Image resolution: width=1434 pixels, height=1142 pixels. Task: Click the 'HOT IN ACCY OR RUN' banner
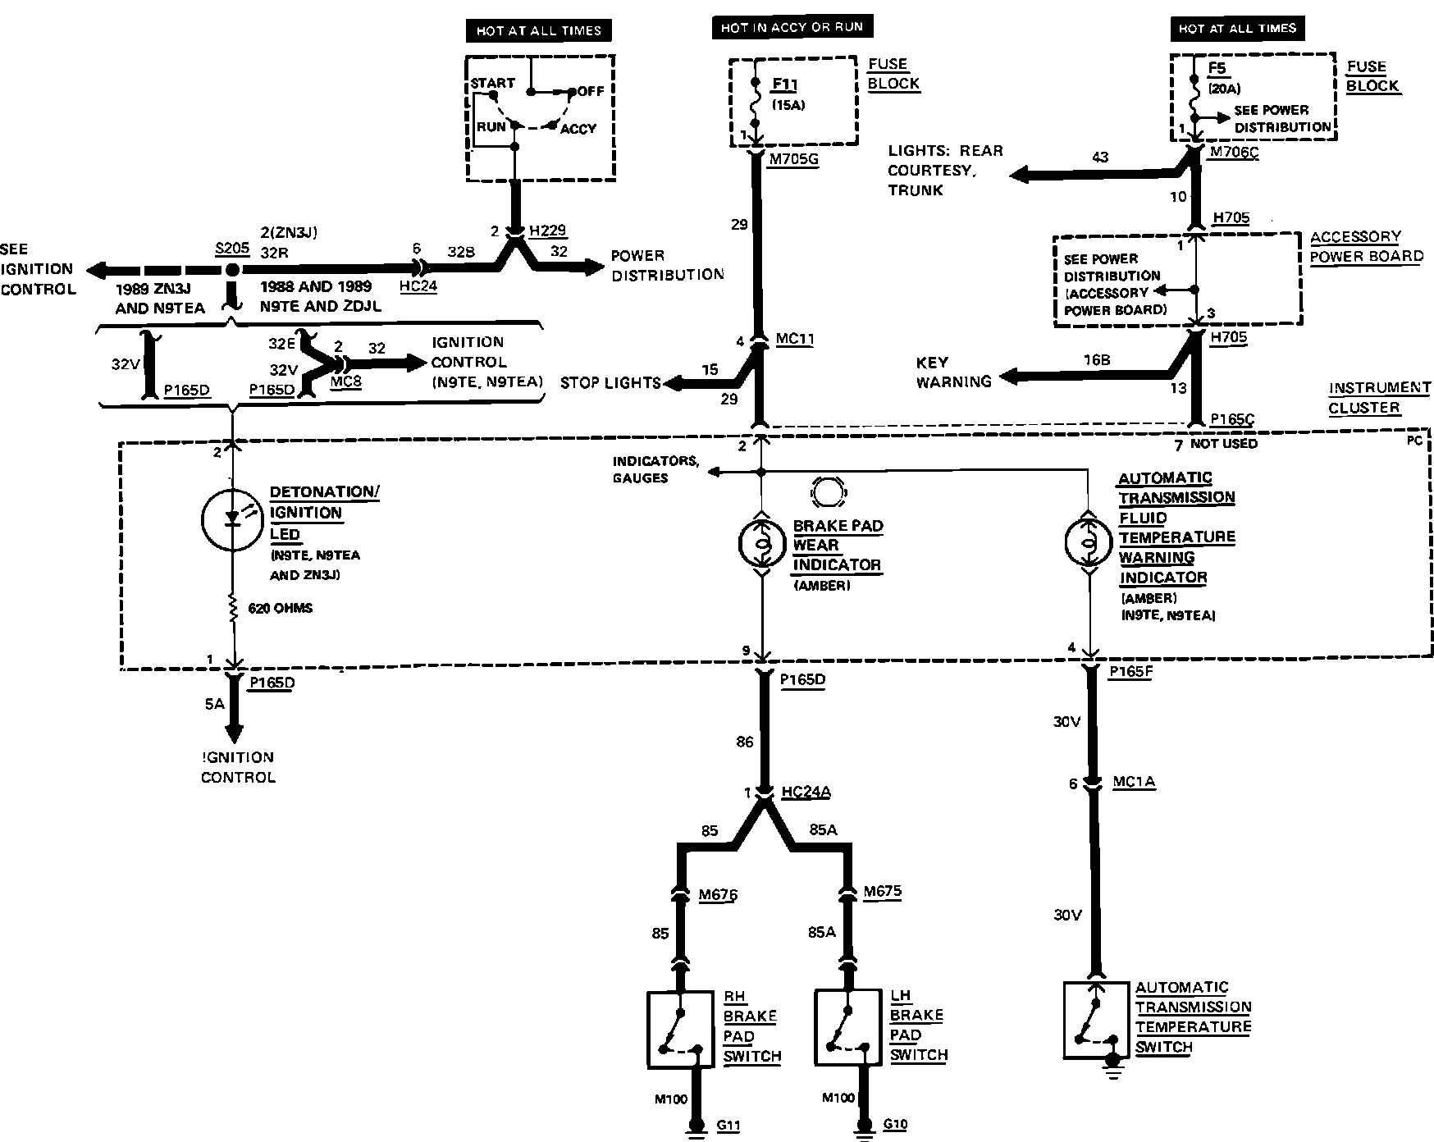pyautogui.click(x=792, y=27)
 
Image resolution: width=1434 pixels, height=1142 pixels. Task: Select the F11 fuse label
pyautogui.click(x=784, y=85)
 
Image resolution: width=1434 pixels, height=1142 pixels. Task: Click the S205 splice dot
pyautogui.click(x=232, y=270)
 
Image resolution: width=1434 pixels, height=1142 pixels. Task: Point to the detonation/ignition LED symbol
pyautogui.click(x=232, y=518)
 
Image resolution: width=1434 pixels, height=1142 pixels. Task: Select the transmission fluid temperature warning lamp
pyautogui.click(x=1088, y=542)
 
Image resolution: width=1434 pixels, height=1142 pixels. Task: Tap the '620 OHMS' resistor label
pyautogui.click(x=281, y=609)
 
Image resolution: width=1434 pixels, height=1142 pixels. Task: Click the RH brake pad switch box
pyautogui.click(x=679, y=1030)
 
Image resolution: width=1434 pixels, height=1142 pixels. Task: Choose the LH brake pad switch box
pyautogui.click(x=847, y=1029)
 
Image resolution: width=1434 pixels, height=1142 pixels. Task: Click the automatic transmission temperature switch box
pyautogui.click(x=1096, y=1020)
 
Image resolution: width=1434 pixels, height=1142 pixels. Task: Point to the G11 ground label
pyautogui.click(x=728, y=1126)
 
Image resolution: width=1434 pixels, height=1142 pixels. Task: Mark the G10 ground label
pyautogui.click(x=895, y=1124)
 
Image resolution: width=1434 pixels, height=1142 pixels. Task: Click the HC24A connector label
pyautogui.click(x=806, y=792)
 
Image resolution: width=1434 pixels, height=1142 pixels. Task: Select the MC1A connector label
pyautogui.click(x=1134, y=782)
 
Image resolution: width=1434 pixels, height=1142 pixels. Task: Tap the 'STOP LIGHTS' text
pyautogui.click(x=610, y=383)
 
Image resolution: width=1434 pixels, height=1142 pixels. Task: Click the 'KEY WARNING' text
pyautogui.click(x=952, y=372)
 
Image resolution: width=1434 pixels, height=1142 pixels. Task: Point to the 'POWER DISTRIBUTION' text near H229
pyautogui.click(x=667, y=265)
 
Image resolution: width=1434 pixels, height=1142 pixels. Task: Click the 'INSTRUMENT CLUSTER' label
pyautogui.click(x=1379, y=397)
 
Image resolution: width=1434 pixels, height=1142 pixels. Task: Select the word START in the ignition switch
pyautogui.click(x=492, y=83)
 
